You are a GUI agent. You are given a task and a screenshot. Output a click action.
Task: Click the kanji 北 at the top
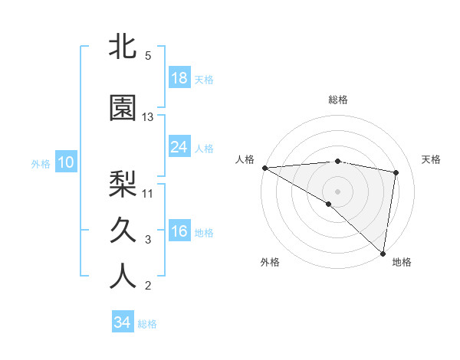[x=123, y=47]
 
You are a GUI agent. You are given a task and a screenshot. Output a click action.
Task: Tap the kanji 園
[x=123, y=108]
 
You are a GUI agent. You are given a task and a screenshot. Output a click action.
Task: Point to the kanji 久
[x=123, y=230]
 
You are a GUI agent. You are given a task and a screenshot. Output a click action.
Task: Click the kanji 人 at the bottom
[x=123, y=277]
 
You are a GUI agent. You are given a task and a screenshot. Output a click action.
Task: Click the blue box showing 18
[x=179, y=77]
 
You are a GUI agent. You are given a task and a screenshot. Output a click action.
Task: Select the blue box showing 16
[x=179, y=231]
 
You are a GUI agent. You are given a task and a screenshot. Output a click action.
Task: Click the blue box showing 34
[x=123, y=322]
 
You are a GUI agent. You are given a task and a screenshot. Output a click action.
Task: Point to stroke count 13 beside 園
[x=148, y=117]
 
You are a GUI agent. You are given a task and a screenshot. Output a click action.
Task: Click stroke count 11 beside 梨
[x=148, y=193]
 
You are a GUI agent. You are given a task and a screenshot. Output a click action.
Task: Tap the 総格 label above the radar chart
[x=338, y=100]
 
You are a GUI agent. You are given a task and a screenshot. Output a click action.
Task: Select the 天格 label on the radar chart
[x=431, y=159]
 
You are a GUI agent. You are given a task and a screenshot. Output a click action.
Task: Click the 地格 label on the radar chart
[x=402, y=262]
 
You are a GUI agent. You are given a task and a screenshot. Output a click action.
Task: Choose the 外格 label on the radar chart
[x=270, y=262]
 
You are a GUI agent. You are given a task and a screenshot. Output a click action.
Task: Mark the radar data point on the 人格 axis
[x=264, y=167]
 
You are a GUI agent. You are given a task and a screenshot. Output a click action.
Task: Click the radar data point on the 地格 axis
[x=383, y=253]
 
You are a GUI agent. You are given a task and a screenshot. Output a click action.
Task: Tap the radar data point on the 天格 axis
[x=396, y=172]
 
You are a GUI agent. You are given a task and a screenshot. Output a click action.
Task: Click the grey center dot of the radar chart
[x=337, y=191]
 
